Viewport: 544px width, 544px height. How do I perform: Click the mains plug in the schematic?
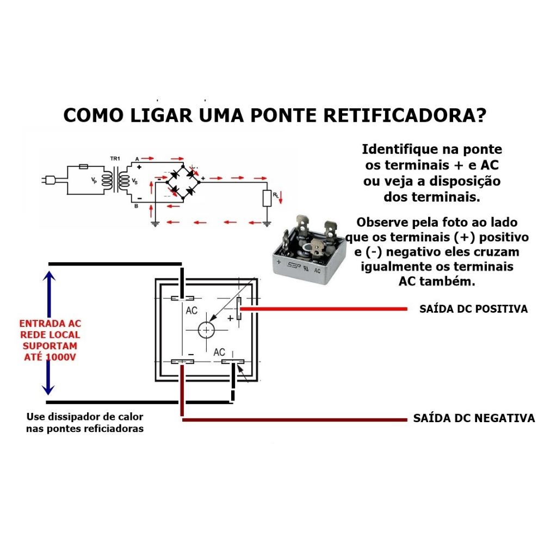(x=47, y=179)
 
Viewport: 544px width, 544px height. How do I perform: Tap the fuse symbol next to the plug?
(x=84, y=166)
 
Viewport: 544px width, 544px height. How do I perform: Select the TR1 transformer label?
(x=115, y=158)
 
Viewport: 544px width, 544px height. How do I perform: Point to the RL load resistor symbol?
(x=267, y=198)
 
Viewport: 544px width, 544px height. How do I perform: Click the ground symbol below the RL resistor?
(x=267, y=223)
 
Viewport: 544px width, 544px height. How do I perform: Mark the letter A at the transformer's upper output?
(x=137, y=158)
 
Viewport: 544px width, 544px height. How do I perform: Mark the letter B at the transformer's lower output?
(x=137, y=206)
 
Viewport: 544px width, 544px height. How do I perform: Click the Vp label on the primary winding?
(x=94, y=180)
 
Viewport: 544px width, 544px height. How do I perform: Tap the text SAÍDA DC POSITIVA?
(x=473, y=309)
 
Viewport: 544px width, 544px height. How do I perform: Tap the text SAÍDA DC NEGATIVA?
(x=474, y=418)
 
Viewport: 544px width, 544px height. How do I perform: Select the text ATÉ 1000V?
(x=49, y=357)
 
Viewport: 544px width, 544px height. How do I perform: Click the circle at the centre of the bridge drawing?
(x=206, y=330)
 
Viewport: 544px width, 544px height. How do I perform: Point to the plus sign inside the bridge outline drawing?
(x=230, y=318)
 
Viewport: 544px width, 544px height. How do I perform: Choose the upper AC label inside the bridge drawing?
(x=191, y=311)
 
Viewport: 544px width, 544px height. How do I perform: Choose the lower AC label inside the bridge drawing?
(x=219, y=352)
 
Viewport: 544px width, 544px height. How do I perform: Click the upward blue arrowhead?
(x=49, y=276)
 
